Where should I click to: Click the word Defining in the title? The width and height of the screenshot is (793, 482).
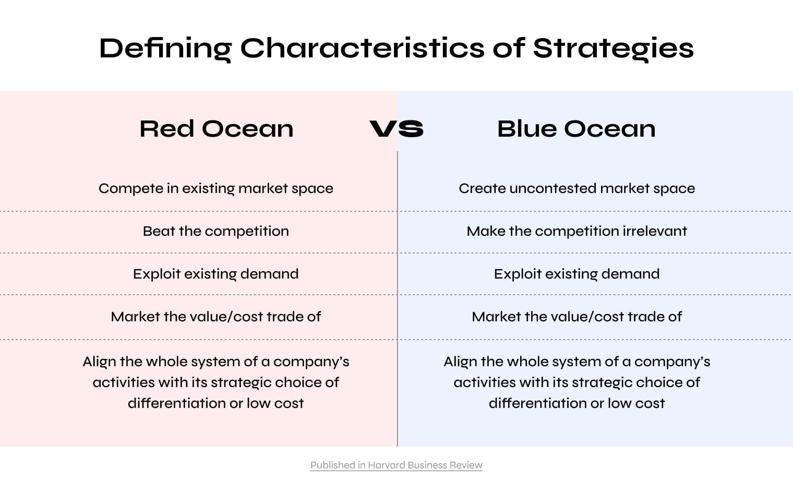pos(165,49)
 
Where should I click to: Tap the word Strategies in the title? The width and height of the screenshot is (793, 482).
pos(613,49)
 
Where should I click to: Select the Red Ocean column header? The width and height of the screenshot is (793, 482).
pos(217,129)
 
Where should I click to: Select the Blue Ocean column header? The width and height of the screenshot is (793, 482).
pos(576,129)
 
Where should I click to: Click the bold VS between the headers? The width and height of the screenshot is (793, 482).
pos(397,129)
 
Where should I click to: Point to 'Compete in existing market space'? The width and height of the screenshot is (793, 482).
pos(216,189)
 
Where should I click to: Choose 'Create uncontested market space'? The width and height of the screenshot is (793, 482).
pos(576,189)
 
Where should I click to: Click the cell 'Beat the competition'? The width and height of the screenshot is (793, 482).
pos(216,232)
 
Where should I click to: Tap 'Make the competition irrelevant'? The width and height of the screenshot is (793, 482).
pos(576,232)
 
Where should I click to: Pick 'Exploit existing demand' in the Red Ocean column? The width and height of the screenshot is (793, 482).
pos(216,274)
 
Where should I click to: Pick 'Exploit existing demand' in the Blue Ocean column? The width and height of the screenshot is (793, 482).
pos(576,274)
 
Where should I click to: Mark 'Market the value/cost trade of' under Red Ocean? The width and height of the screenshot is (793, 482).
pos(216,317)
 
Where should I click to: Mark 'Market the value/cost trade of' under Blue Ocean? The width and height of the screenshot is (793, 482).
pos(576,317)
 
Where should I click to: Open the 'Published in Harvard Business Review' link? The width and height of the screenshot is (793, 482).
pos(397,465)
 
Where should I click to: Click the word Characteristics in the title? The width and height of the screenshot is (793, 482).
pos(363,49)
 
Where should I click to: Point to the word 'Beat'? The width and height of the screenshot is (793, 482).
pos(159,232)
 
